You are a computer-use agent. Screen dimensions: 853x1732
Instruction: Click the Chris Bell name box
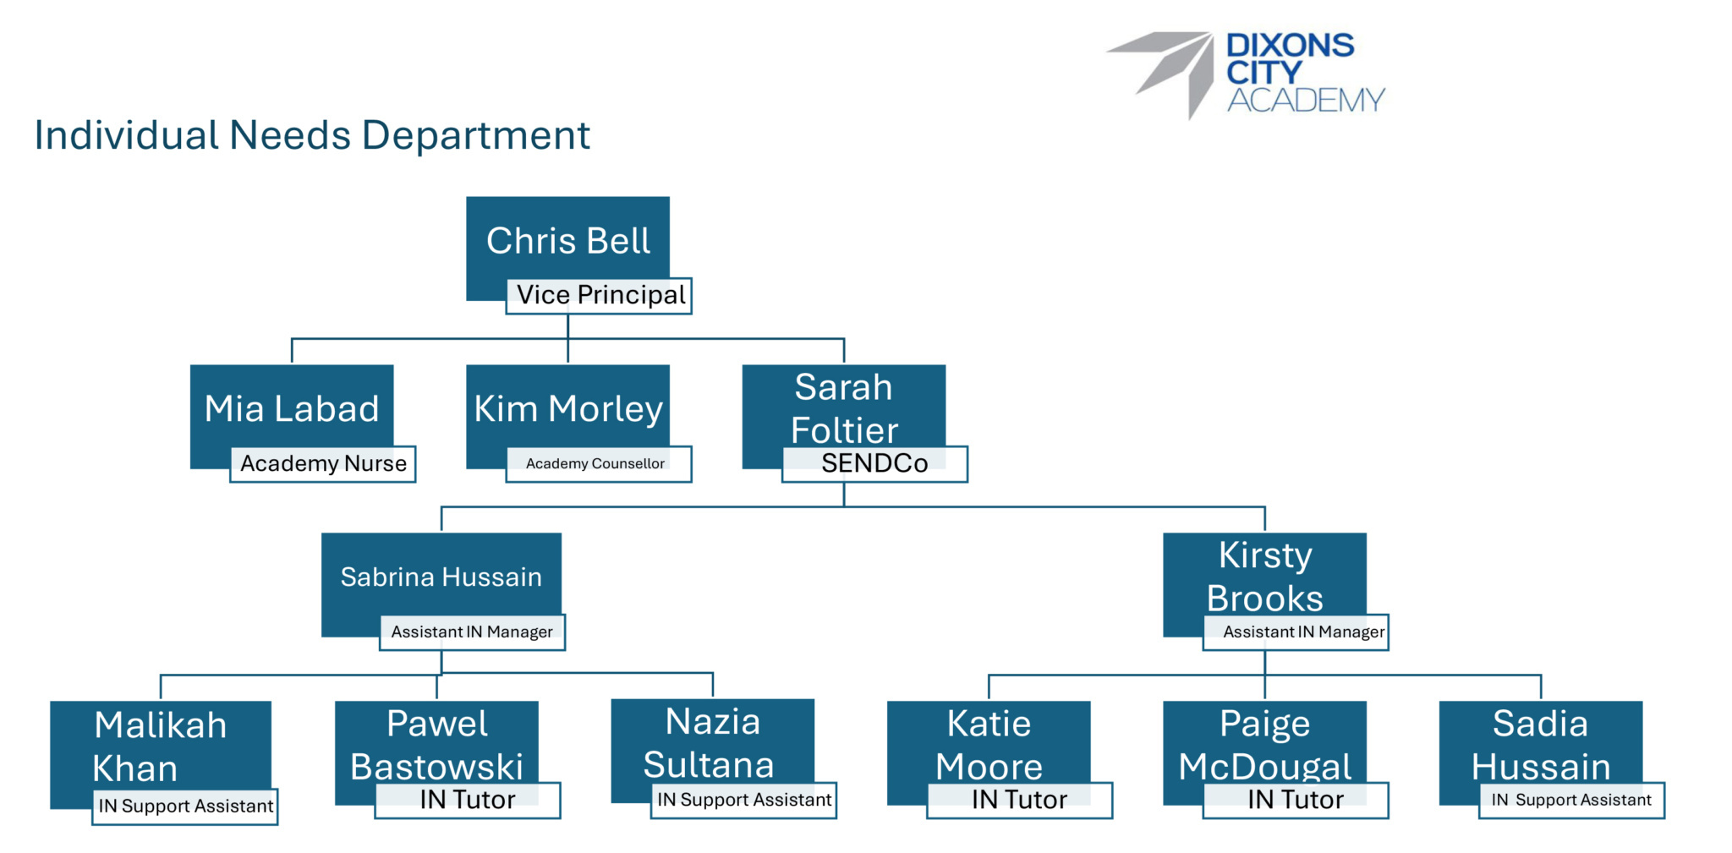coord(567,240)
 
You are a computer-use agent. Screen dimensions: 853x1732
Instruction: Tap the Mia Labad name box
coord(292,407)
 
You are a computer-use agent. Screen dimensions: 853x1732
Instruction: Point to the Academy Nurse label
coord(323,464)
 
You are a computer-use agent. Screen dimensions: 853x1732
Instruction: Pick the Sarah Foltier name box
coord(843,407)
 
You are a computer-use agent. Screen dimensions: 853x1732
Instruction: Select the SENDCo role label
coord(874,464)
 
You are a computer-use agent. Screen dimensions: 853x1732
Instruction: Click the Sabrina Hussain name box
coord(441,577)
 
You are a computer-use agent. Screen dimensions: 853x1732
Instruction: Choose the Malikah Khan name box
coord(160,746)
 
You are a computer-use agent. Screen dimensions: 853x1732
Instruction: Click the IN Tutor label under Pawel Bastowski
coord(468,800)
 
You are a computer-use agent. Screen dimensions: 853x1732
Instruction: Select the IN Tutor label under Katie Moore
coord(1019,800)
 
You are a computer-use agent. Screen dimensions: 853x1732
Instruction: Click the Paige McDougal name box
coord(1264,744)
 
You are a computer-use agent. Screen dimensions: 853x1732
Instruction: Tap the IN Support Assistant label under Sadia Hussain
coord(1571,800)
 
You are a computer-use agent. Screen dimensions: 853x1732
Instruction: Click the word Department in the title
coord(476,135)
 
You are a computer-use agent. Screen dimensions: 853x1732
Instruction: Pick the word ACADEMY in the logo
coord(1306,101)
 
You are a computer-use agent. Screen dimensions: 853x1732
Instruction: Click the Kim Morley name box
coord(567,407)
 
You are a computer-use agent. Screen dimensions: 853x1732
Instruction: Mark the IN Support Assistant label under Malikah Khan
coord(185,807)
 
